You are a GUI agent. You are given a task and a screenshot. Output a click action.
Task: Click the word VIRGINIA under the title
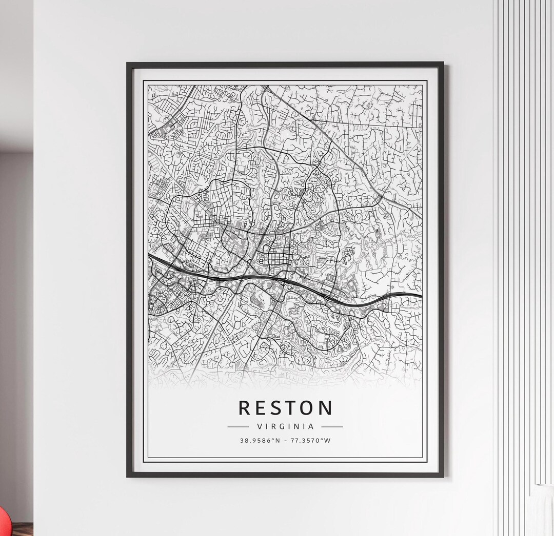pyautogui.click(x=285, y=426)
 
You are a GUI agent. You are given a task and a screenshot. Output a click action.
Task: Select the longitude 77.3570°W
pyautogui.click(x=310, y=440)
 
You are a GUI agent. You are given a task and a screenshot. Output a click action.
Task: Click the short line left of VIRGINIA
pyautogui.click(x=238, y=426)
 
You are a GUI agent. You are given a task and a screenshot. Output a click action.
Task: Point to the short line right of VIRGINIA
pyautogui.click(x=332, y=426)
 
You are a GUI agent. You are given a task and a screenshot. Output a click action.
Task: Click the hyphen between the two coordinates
pyautogui.click(x=285, y=440)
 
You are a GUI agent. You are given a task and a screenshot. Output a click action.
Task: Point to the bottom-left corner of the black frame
pyautogui.click(x=128, y=476)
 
